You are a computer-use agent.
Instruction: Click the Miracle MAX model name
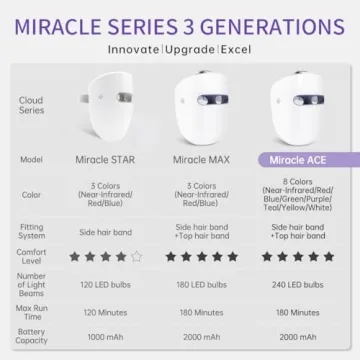point(204,158)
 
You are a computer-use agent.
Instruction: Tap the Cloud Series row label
point(31,104)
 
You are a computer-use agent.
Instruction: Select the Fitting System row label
point(31,231)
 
